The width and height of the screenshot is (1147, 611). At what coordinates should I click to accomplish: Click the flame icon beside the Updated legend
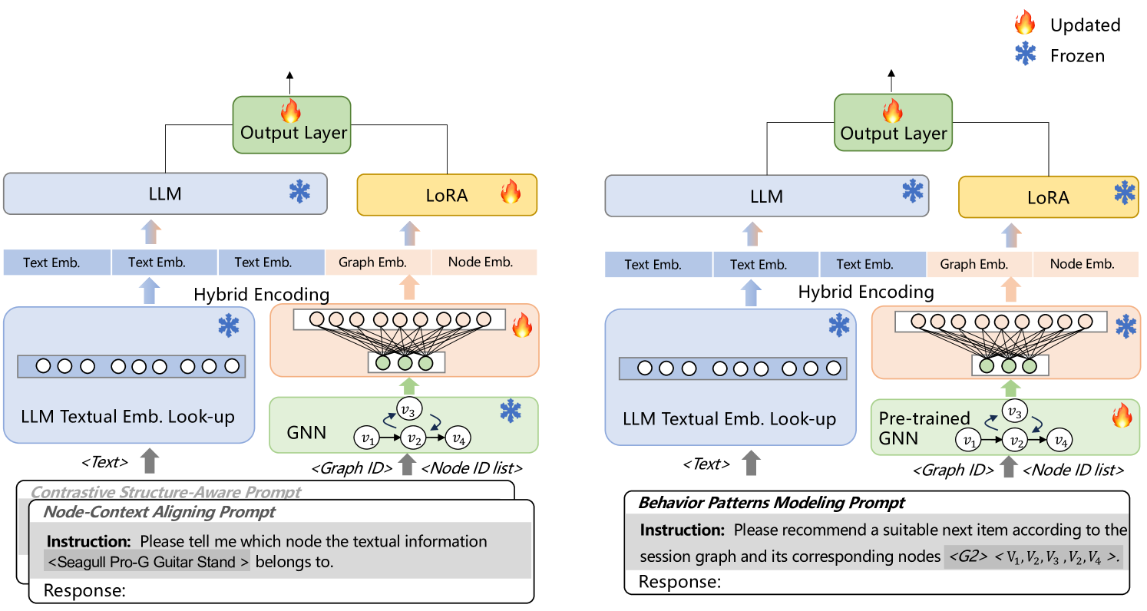pos(1025,22)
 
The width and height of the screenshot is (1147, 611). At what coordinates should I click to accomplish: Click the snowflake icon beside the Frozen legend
pos(1026,53)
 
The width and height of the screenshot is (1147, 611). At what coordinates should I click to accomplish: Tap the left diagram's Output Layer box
pos(292,125)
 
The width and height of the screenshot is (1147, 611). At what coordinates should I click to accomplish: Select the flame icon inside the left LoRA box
pos(511,192)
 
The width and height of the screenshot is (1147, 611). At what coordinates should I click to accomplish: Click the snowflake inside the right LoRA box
pos(1125,193)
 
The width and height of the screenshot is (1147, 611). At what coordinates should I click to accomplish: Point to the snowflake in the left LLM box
pos(299,192)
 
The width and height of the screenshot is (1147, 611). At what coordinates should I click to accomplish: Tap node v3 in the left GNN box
pos(408,410)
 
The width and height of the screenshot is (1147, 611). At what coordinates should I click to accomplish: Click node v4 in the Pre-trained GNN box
pos(1060,441)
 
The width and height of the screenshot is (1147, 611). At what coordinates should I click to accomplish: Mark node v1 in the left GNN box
pos(367,438)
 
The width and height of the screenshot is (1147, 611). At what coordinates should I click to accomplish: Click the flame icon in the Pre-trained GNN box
pos(1122,415)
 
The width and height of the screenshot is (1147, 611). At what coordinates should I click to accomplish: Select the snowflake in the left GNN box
pos(511,411)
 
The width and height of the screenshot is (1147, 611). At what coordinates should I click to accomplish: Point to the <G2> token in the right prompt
pos(967,557)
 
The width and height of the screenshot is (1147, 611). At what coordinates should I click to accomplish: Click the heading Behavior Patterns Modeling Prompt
pos(771,503)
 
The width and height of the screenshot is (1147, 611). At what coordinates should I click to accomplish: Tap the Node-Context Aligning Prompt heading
pos(159,512)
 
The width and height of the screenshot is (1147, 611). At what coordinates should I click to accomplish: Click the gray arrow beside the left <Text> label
pos(150,461)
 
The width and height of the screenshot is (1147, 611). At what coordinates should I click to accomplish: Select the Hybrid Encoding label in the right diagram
pos(866,292)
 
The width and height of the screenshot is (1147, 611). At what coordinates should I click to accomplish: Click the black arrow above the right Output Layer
pos(891,81)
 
